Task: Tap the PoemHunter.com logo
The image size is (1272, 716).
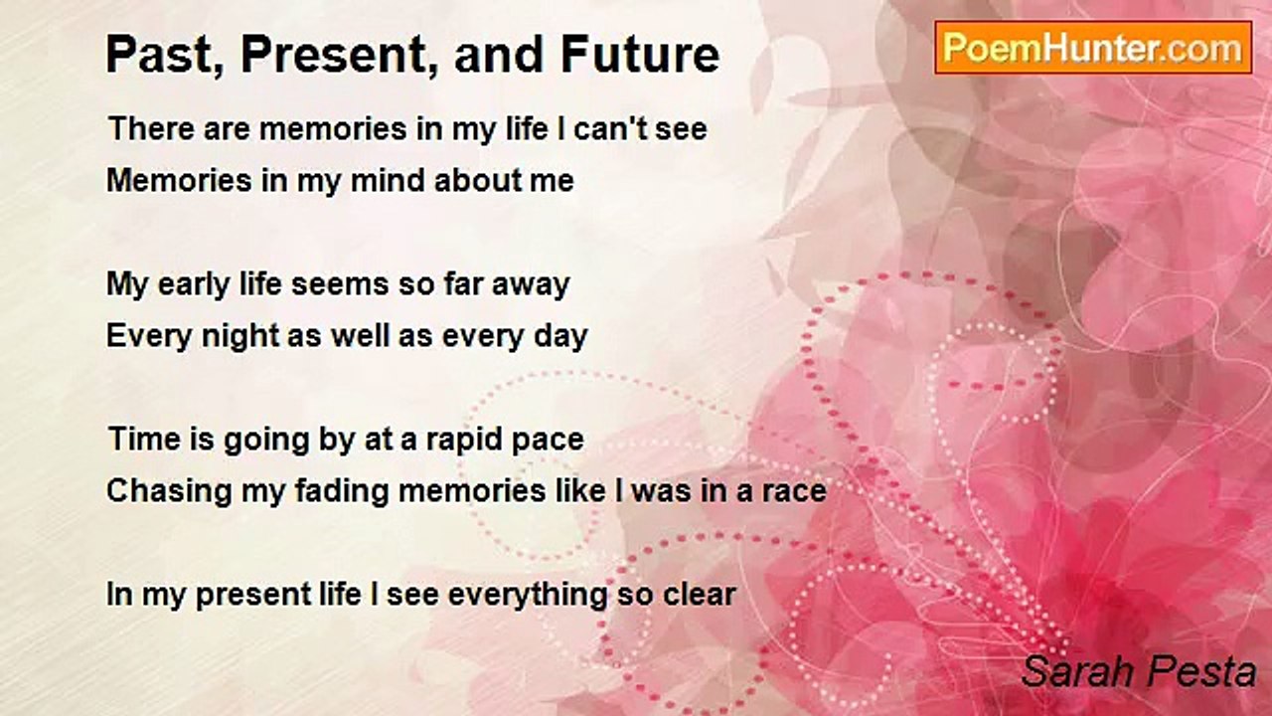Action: point(1092,48)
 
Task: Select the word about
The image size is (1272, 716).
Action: point(475,181)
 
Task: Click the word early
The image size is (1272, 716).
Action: point(193,285)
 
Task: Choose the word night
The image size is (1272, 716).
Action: point(240,336)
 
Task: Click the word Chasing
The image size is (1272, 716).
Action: point(169,491)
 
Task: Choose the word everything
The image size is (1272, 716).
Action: point(528,596)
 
